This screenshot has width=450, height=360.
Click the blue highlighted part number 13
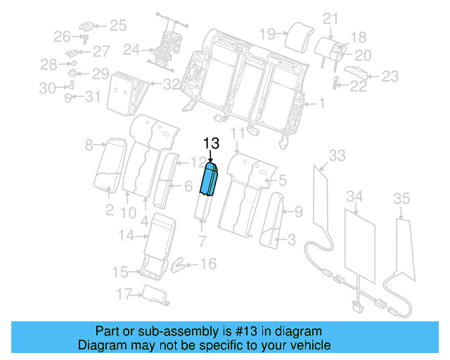210,181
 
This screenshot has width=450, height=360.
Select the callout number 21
330,19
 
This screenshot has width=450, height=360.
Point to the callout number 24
131,50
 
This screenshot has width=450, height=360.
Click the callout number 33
337,155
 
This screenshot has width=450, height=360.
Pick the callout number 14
125,236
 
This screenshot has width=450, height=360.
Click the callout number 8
89,146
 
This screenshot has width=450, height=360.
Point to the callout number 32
171,85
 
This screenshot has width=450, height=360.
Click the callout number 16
209,264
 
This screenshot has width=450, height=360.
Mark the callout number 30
47,88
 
